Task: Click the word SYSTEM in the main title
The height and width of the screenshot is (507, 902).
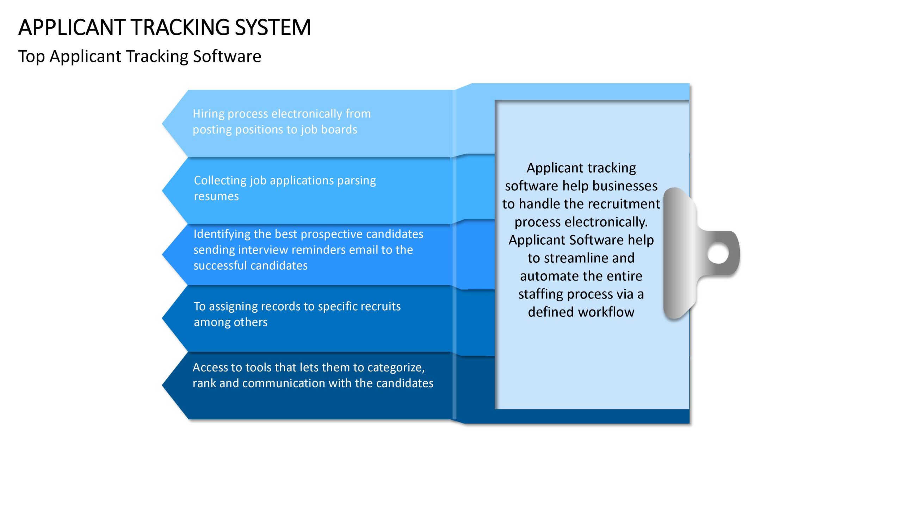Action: click(273, 27)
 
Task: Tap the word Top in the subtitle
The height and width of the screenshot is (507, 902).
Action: click(31, 57)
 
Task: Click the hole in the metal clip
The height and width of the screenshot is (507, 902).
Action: click(718, 254)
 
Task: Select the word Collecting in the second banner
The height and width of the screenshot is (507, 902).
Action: click(220, 181)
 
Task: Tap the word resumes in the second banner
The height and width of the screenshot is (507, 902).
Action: click(216, 196)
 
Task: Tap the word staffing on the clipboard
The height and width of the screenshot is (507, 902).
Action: click(540, 294)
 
